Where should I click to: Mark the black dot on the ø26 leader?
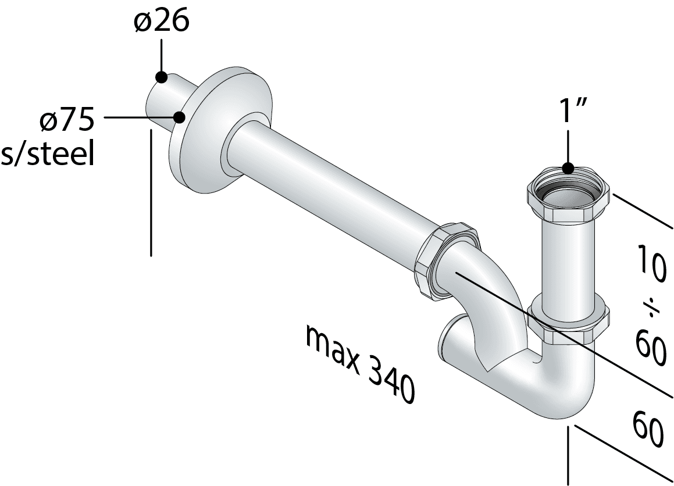click(x=161, y=77)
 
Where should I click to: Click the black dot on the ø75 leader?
click(x=179, y=117)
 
